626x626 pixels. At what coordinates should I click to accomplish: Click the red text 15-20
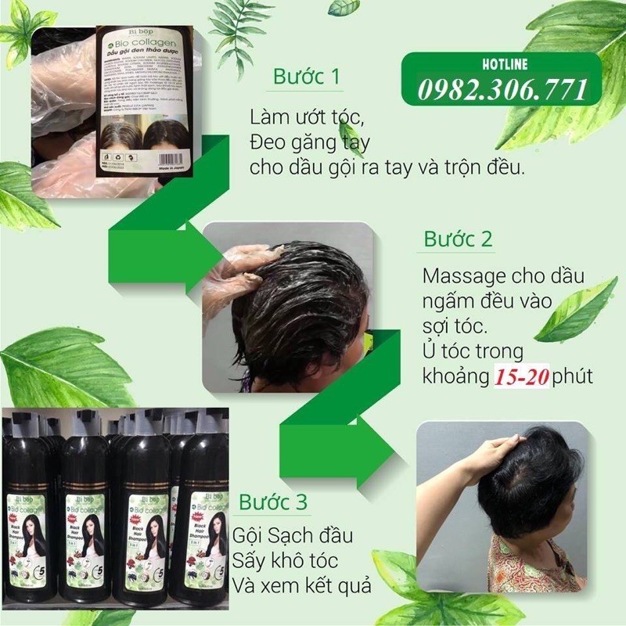tap(521, 376)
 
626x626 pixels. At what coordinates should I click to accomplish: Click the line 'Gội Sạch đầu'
tap(293, 537)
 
